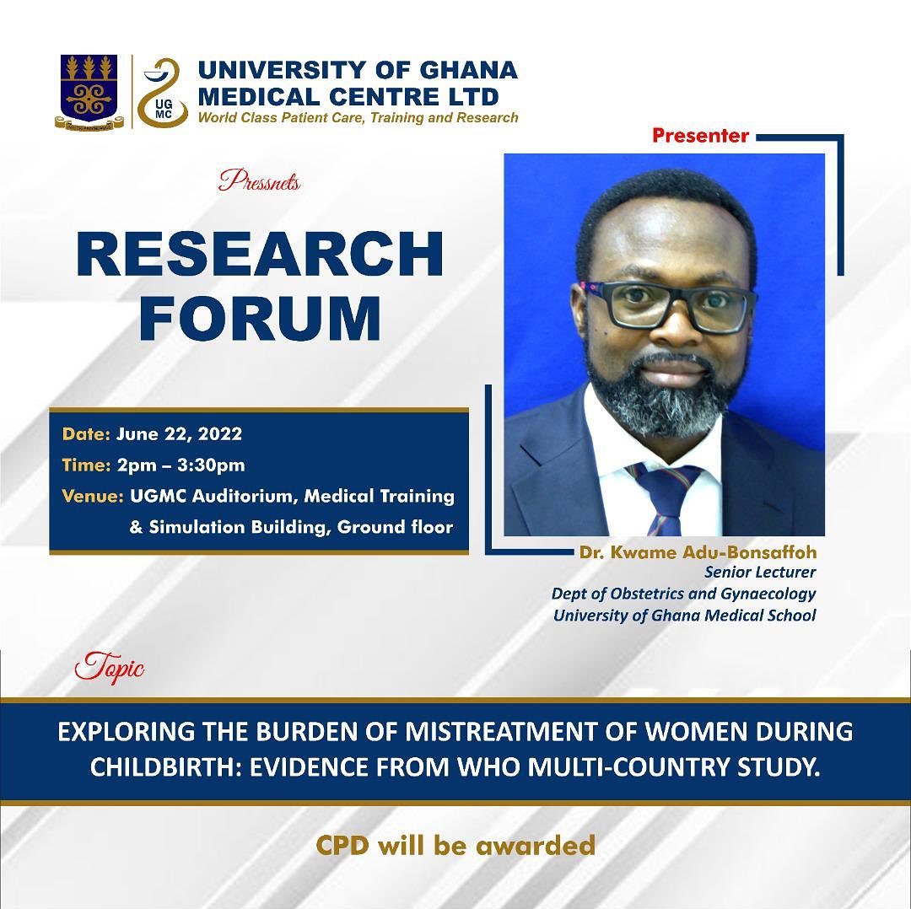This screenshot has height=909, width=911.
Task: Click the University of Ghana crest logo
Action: click(x=89, y=91)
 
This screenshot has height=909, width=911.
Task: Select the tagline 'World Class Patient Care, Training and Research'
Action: click(x=358, y=118)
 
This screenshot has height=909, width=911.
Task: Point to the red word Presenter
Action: click(x=700, y=135)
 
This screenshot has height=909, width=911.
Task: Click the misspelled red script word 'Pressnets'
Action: click(x=260, y=180)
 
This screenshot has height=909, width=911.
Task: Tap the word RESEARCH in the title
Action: click(x=261, y=254)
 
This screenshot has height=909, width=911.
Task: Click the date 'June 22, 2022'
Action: click(x=179, y=434)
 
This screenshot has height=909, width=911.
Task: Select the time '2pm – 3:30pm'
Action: click(x=181, y=465)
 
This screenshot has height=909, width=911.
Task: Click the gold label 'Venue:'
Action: click(x=93, y=497)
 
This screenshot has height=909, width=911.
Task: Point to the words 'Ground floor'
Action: click(x=395, y=527)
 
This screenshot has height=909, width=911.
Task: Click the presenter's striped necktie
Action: click(x=666, y=498)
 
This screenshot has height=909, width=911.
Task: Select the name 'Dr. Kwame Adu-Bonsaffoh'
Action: click(x=698, y=551)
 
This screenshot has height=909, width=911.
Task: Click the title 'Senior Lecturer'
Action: click(x=760, y=572)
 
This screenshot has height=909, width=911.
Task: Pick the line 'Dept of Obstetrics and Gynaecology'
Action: click(x=684, y=594)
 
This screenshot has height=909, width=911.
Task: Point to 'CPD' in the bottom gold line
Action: click(x=342, y=845)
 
